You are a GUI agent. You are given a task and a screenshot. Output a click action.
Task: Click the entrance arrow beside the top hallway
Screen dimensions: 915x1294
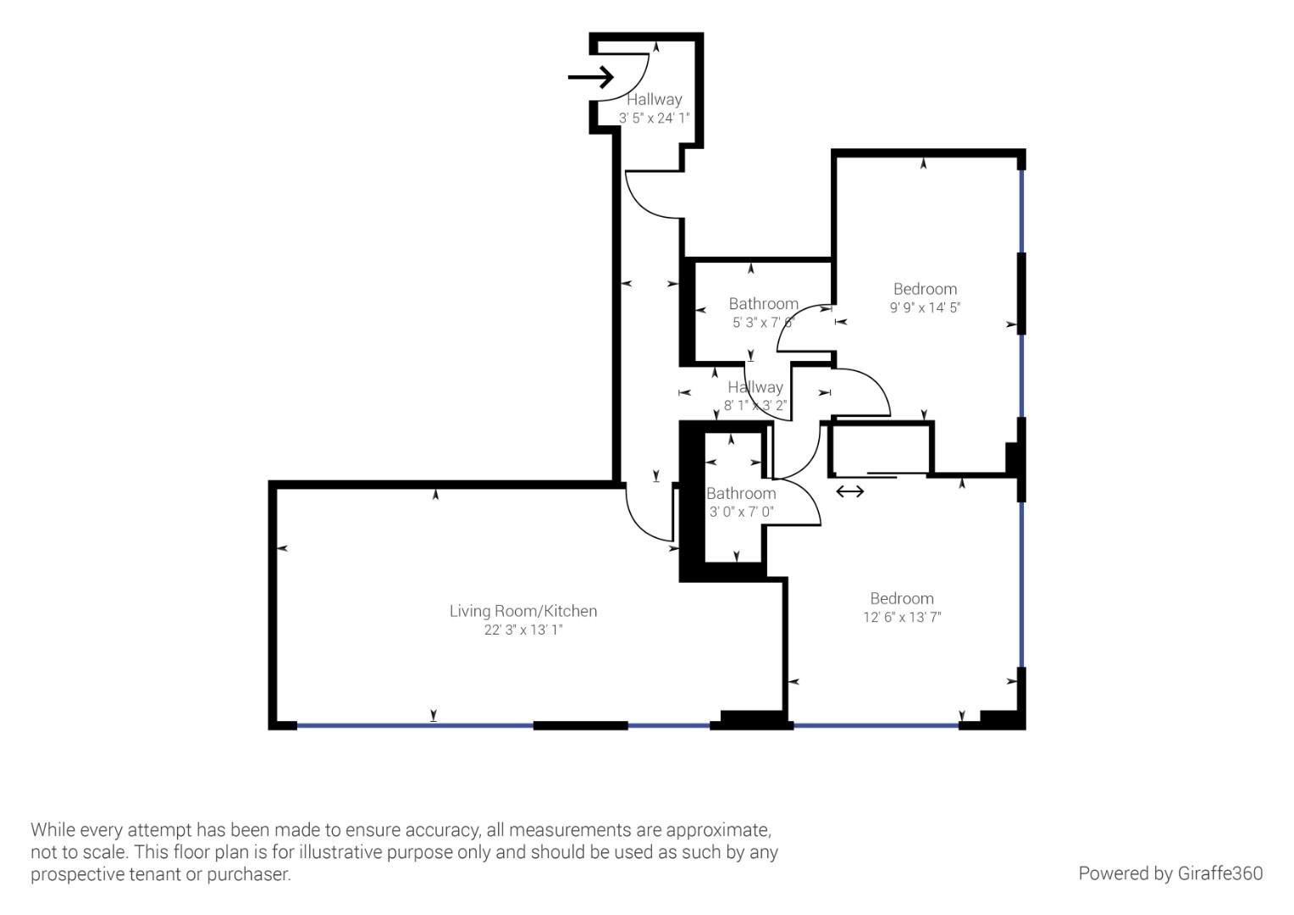point(590,78)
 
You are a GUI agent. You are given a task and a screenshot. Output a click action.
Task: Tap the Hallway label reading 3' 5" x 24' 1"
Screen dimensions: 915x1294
point(654,100)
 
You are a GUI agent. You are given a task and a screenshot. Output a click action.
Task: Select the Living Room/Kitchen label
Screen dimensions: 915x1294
point(523,611)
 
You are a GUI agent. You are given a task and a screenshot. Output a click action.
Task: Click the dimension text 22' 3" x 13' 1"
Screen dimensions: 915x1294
point(523,629)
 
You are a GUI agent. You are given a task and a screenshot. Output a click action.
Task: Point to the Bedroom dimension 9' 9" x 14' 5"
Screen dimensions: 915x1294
point(924,308)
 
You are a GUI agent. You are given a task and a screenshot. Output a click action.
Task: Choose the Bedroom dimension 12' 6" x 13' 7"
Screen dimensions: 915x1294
point(901,617)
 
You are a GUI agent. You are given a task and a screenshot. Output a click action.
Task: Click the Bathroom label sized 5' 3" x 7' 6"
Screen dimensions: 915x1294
point(763,304)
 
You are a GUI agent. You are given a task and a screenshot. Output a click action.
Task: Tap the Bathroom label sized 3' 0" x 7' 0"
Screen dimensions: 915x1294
point(741,493)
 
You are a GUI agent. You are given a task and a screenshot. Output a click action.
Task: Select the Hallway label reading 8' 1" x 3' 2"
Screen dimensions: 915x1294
point(755,387)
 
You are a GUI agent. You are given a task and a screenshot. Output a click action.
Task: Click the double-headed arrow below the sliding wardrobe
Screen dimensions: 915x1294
point(849,491)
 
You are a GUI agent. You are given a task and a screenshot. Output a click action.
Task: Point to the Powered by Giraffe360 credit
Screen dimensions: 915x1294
point(1170,873)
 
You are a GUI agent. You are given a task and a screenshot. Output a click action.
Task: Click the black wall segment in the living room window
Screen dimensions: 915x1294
point(580,725)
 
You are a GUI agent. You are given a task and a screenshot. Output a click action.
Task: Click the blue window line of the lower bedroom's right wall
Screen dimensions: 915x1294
point(1022,585)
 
